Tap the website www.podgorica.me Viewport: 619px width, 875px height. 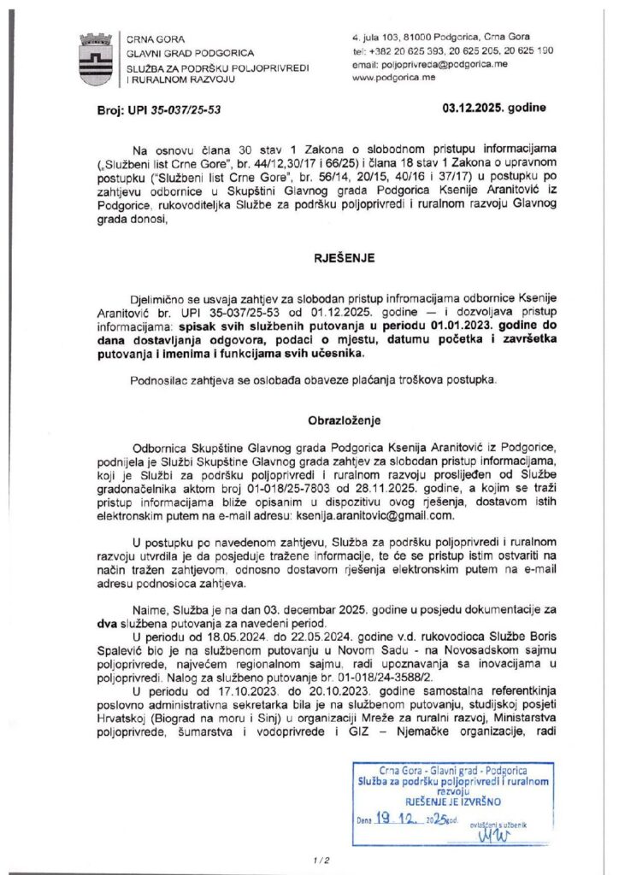(393, 77)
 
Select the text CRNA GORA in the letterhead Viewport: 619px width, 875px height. (150, 39)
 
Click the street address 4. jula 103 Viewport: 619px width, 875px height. (381, 38)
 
